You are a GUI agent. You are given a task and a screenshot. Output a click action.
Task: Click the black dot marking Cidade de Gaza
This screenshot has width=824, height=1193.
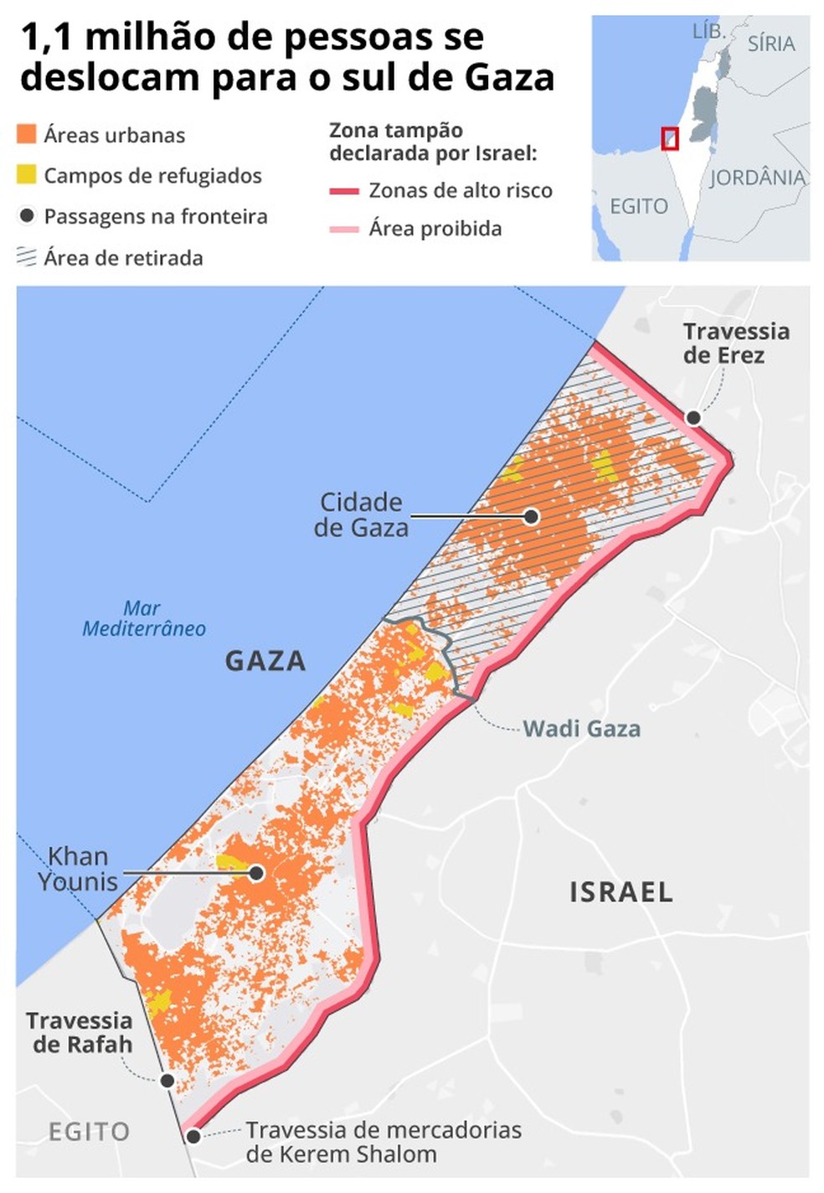point(531,516)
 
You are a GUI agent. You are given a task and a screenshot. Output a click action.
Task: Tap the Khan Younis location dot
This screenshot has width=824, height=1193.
point(257,873)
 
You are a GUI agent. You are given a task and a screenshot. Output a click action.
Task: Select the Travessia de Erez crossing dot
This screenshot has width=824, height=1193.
point(693,417)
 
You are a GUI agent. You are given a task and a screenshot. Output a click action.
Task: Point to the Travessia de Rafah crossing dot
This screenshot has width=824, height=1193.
point(167,1081)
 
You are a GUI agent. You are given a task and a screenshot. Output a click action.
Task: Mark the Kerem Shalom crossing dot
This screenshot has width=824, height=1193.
point(193,1137)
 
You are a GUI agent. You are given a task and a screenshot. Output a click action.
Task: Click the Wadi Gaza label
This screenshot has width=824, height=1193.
point(581,729)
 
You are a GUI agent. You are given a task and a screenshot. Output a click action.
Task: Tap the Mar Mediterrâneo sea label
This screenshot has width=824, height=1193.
point(143,618)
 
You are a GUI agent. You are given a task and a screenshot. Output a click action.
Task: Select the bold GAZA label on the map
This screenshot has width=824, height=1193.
point(265,661)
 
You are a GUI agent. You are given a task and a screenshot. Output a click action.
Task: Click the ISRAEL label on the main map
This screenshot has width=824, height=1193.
point(621,892)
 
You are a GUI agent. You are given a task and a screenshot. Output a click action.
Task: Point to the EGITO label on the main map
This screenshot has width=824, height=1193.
point(89,1132)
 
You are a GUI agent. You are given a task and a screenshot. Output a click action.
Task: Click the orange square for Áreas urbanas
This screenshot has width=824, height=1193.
point(27,134)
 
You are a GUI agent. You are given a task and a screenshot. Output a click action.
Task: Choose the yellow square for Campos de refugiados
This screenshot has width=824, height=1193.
point(27,175)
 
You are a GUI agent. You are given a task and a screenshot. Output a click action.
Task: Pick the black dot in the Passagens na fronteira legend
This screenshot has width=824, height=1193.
point(27,216)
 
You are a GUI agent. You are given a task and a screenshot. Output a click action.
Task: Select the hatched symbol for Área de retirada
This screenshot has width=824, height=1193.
point(27,257)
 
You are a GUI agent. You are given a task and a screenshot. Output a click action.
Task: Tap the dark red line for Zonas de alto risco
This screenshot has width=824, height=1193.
point(344,191)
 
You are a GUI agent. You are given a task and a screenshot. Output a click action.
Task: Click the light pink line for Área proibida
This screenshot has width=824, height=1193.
point(344,229)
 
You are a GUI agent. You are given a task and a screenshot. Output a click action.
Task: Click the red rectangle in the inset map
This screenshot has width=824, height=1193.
point(669,138)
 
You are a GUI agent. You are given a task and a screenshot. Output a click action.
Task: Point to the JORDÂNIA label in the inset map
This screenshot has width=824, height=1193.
point(757,178)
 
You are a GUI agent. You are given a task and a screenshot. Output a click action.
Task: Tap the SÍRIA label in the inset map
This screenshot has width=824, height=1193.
point(770,44)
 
